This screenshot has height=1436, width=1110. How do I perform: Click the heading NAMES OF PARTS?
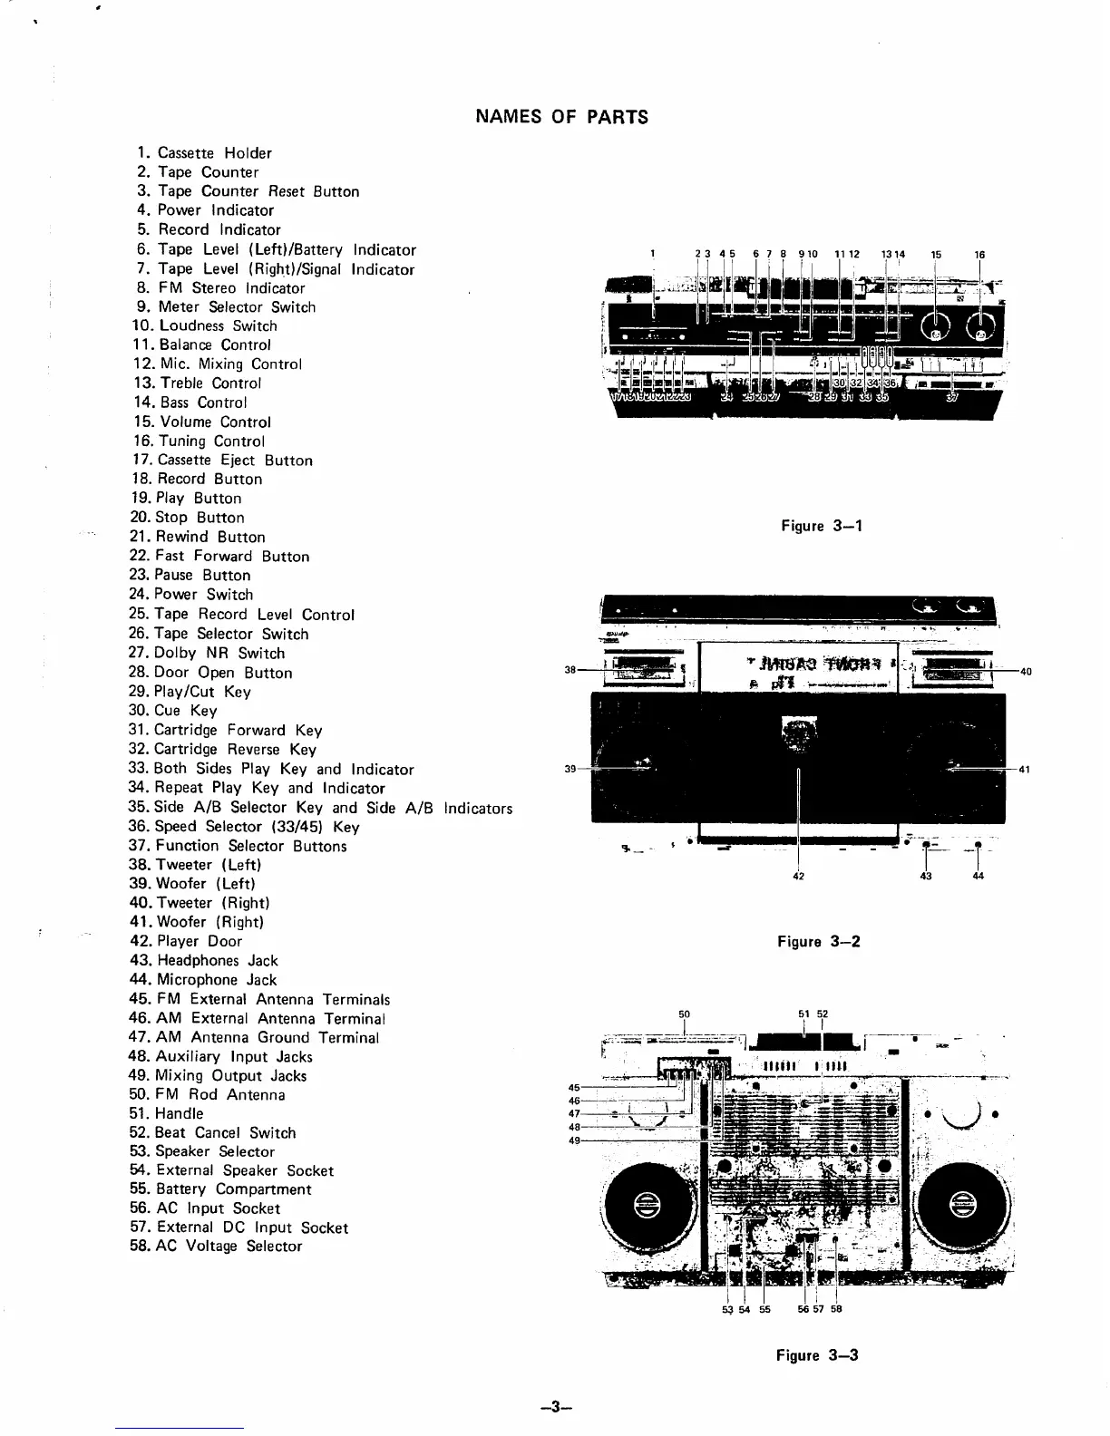point(561,117)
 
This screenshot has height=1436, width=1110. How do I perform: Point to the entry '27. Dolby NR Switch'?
point(207,653)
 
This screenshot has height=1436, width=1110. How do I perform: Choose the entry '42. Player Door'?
point(186,941)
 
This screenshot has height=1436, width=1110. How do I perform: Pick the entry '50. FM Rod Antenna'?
point(208,1094)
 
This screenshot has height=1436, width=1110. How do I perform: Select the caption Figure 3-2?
point(818,941)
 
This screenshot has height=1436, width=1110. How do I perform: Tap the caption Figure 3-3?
point(816,1355)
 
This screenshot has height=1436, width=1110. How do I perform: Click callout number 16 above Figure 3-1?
point(979,255)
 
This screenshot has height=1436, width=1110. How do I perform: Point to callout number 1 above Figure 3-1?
point(654,254)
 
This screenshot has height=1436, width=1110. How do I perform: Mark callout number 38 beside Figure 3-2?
point(570,671)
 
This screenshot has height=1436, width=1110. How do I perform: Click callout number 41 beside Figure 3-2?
point(1025,769)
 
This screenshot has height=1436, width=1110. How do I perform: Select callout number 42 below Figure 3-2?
point(798,876)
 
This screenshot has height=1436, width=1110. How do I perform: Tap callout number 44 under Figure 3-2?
point(978,876)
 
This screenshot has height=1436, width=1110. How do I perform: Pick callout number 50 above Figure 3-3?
point(684,1014)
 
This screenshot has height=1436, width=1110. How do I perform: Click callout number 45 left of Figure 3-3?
point(573,1088)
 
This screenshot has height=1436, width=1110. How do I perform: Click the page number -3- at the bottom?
point(554,1408)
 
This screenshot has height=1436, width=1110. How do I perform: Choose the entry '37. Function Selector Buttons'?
point(238,846)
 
